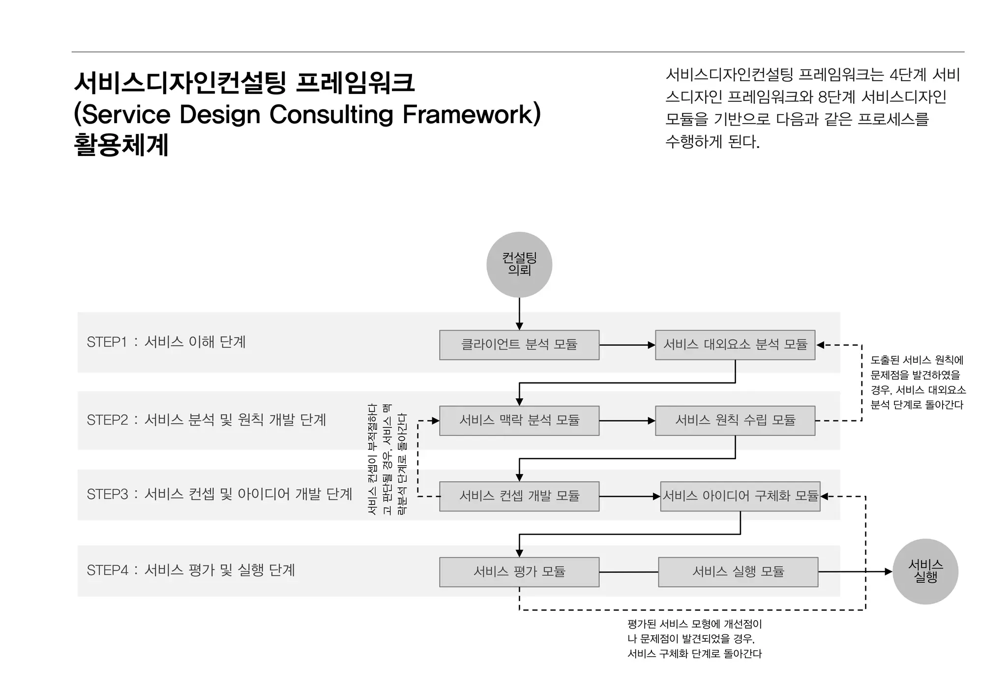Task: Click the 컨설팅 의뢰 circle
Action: [x=519, y=264]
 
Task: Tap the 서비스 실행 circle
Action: [x=925, y=571]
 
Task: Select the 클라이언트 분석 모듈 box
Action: [x=519, y=345]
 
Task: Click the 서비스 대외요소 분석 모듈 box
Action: [x=735, y=345]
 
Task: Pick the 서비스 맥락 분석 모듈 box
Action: [x=519, y=420]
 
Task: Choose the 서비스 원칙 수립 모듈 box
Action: [x=735, y=420]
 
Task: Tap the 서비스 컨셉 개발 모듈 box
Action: [x=519, y=496]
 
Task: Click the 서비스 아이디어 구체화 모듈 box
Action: [x=740, y=496]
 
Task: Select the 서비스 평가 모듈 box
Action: [x=519, y=571]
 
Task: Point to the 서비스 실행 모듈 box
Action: [x=738, y=571]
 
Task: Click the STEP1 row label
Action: [x=166, y=342]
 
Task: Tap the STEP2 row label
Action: [x=206, y=420]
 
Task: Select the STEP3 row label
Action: [x=219, y=494]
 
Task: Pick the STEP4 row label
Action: [x=191, y=570]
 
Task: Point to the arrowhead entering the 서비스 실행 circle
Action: [x=888, y=571]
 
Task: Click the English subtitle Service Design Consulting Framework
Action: [x=307, y=114]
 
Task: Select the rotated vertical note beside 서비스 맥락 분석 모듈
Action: [x=387, y=459]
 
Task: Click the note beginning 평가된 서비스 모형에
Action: [x=694, y=638]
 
